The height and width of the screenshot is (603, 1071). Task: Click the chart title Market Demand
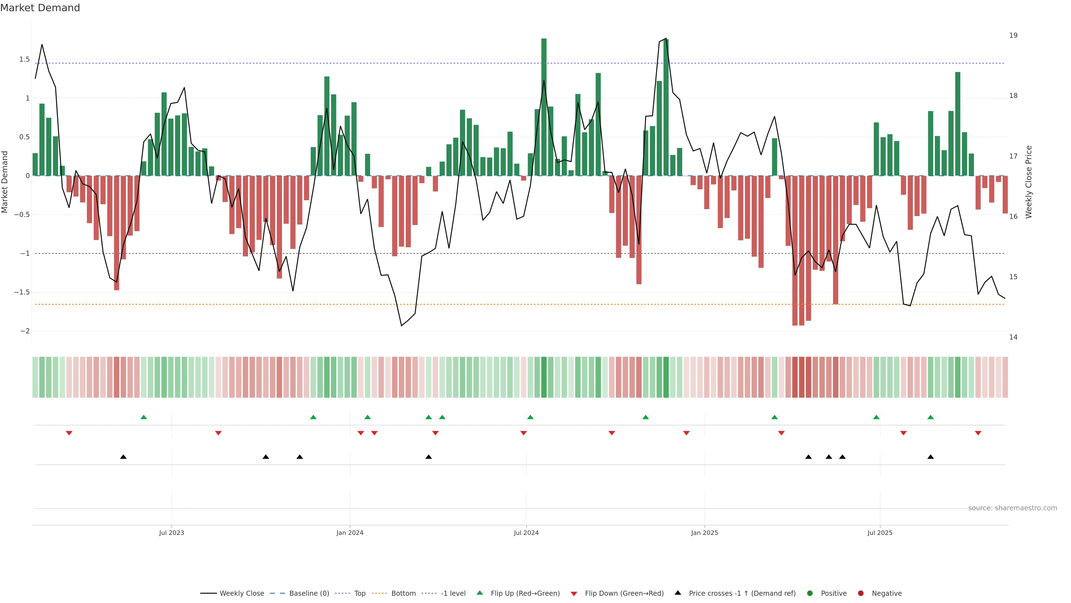[40, 8]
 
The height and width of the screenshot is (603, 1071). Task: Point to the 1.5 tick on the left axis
[25, 59]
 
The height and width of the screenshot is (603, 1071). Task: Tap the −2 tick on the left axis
[25, 331]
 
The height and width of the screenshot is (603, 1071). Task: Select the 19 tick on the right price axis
[1013, 35]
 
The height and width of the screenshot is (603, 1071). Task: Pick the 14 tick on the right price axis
[1013, 337]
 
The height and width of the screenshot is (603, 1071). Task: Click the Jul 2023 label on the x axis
[171, 533]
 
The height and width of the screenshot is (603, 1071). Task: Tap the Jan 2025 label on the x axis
[704, 533]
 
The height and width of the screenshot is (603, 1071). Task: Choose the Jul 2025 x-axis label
[880, 533]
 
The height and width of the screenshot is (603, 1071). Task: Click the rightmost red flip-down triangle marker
[978, 433]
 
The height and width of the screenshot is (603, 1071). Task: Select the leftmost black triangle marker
[124, 457]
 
